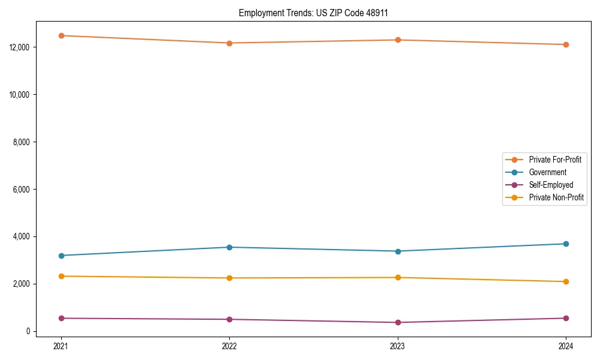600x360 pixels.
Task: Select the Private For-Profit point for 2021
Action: pos(61,35)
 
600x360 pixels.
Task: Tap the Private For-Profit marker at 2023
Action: pos(398,40)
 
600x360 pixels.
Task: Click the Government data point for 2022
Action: pos(229,247)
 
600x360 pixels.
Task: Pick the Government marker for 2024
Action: pos(566,244)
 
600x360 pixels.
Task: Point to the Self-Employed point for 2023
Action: pos(398,322)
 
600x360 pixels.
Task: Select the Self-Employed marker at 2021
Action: pos(61,318)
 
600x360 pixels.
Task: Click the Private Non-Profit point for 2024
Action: pos(566,281)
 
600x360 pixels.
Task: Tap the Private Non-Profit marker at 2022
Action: pos(229,278)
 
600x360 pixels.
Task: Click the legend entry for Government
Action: pos(547,172)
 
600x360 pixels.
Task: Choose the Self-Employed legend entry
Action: pos(551,185)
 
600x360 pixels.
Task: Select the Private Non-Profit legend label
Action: pos(556,197)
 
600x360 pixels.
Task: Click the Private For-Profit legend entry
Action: pos(555,160)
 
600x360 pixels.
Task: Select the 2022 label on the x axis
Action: pos(229,346)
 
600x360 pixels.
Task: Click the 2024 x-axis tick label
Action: pos(566,346)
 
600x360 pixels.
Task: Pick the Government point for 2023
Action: pos(398,251)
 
